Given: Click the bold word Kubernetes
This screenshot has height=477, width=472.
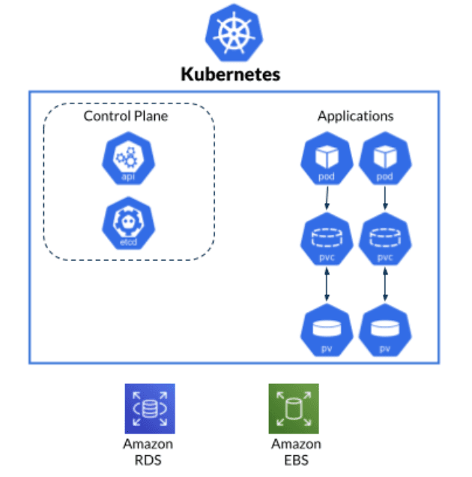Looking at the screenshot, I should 230,75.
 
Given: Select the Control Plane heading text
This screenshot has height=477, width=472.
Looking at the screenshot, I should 126,115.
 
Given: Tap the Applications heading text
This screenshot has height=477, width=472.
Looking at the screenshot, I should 355,116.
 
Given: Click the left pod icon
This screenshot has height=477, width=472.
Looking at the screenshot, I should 326,162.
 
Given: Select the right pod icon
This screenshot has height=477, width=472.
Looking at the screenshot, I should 385,162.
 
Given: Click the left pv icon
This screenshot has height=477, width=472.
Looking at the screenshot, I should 326,330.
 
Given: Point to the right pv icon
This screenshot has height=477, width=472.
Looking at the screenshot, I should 385,330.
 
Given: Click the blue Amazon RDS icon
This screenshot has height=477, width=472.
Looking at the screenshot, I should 149,408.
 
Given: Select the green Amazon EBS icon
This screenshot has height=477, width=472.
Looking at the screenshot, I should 294,408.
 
